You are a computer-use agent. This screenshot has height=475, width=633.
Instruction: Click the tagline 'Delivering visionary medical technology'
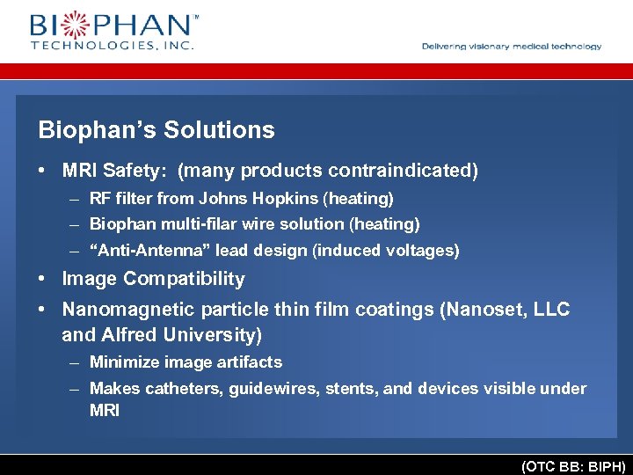[512, 47]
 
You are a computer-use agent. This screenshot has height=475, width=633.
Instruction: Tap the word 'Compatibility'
[185, 279]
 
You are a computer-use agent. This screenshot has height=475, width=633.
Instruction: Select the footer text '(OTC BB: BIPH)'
[573, 466]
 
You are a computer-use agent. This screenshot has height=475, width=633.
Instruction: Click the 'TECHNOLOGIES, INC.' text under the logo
[113, 45]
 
